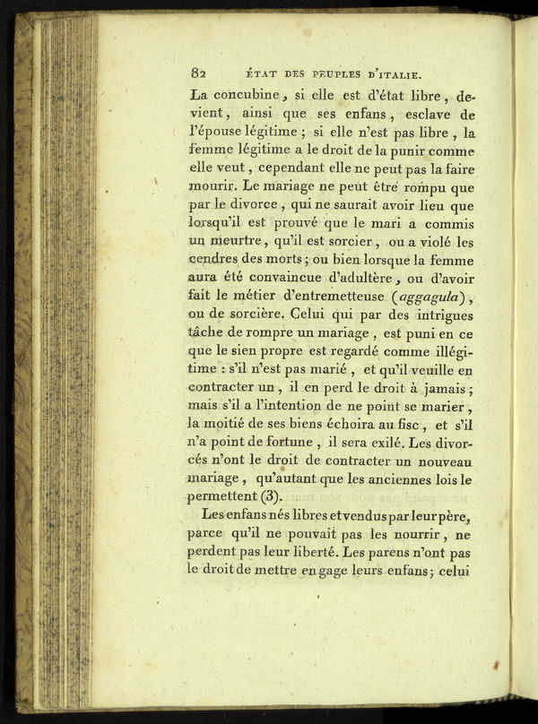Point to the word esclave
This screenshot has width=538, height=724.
tap(433, 115)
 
